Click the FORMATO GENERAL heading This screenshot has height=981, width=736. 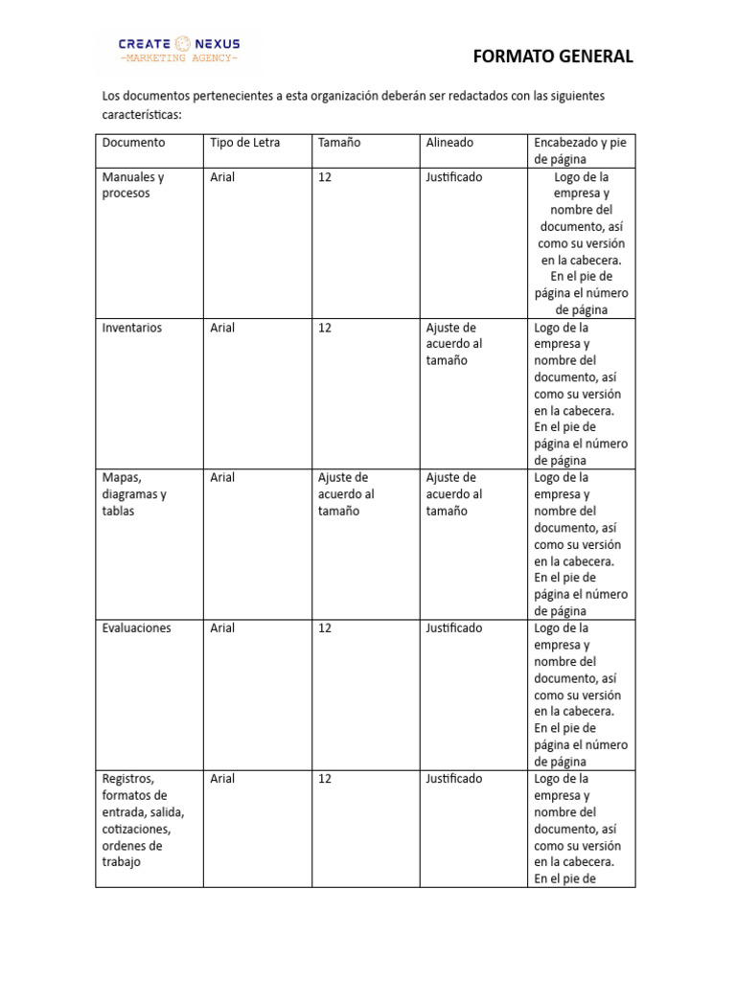(553, 57)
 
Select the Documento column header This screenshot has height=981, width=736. (133, 143)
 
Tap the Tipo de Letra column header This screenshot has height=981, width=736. (244, 143)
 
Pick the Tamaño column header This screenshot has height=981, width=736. (338, 143)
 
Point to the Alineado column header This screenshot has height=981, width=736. (449, 143)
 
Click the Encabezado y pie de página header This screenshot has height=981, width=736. (579, 150)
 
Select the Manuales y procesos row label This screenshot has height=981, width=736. (133, 185)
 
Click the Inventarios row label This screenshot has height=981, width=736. (132, 328)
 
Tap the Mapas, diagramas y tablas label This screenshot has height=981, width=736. (134, 494)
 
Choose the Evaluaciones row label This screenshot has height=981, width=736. (136, 628)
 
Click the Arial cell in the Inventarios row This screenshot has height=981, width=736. (222, 328)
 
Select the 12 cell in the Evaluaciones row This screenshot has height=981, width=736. (325, 628)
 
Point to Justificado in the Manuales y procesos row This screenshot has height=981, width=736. (454, 177)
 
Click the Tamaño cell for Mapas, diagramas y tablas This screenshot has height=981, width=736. (344, 494)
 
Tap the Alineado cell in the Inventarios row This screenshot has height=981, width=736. (454, 344)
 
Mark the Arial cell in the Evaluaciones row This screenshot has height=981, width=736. (222, 628)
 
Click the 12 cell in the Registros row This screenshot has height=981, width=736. (325, 779)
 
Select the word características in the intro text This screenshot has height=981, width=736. (141, 114)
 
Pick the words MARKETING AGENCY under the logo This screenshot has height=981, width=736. (178, 59)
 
